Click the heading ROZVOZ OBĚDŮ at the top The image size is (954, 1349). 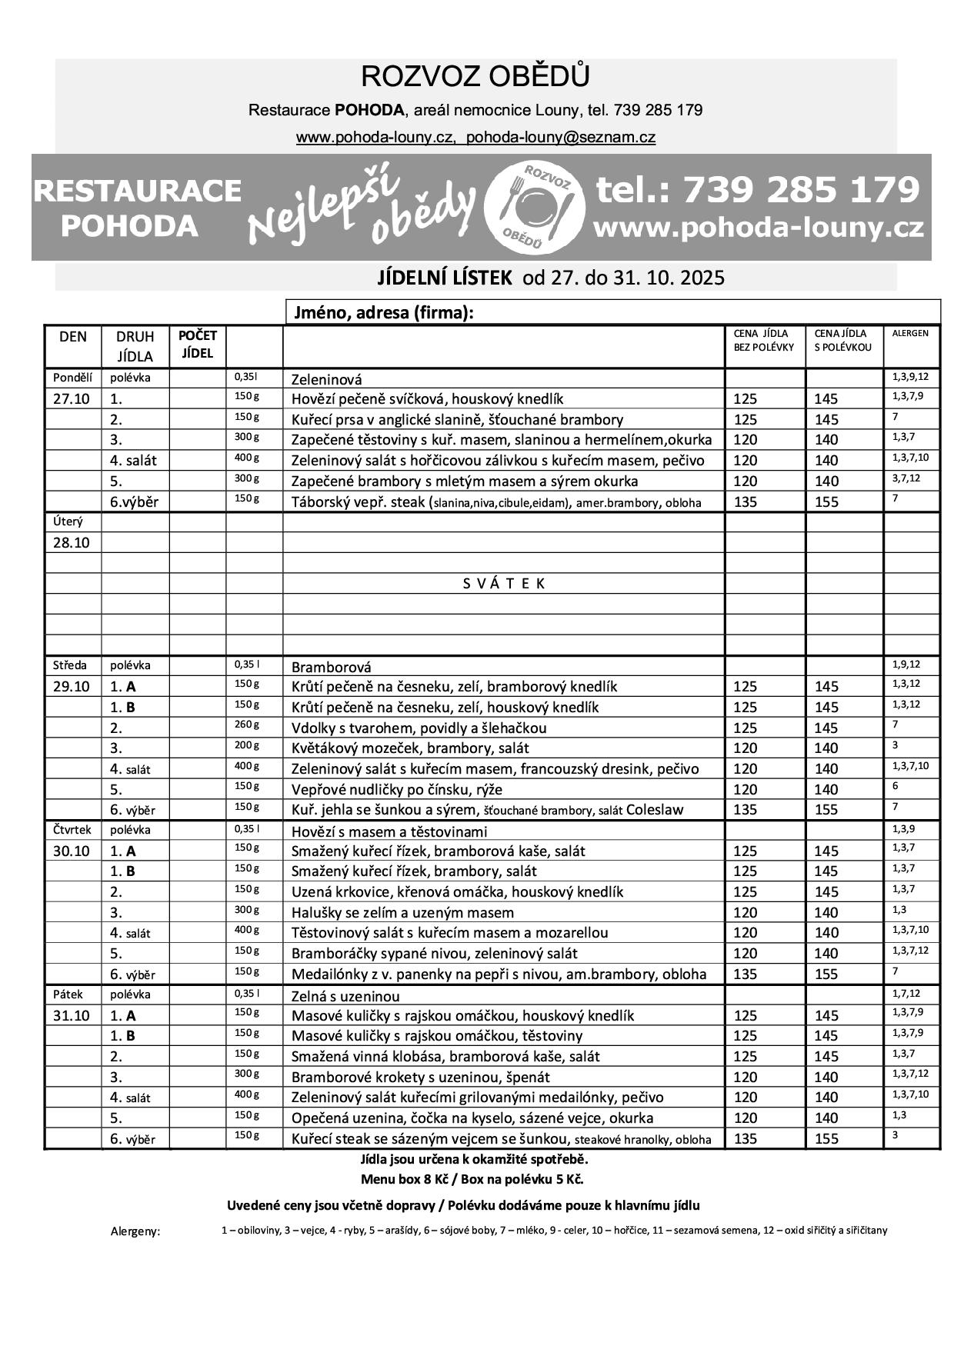475,77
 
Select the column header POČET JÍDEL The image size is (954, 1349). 197,345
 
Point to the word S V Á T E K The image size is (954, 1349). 504,584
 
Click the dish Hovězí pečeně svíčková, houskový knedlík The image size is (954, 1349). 427,399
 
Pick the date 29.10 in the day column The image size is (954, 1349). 71,687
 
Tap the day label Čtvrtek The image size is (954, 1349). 72,830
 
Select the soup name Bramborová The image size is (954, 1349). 331,667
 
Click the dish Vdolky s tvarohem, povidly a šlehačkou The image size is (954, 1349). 419,728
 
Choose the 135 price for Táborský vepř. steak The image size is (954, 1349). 746,502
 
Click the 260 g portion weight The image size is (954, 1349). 246,724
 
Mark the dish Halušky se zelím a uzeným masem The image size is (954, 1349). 402,913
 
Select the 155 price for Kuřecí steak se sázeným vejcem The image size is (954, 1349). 826,1139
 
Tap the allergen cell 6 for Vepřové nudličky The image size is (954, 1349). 895,786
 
